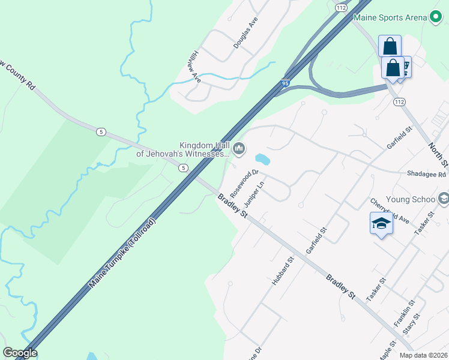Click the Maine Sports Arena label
pyautogui.click(x=390, y=17)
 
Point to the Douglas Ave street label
pyautogui.click(x=246, y=33)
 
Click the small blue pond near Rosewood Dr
pyautogui.click(x=262, y=160)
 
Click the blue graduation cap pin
pyautogui.click(x=381, y=224)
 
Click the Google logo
pyautogui.click(x=20, y=353)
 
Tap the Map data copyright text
pyautogui.click(x=423, y=355)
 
